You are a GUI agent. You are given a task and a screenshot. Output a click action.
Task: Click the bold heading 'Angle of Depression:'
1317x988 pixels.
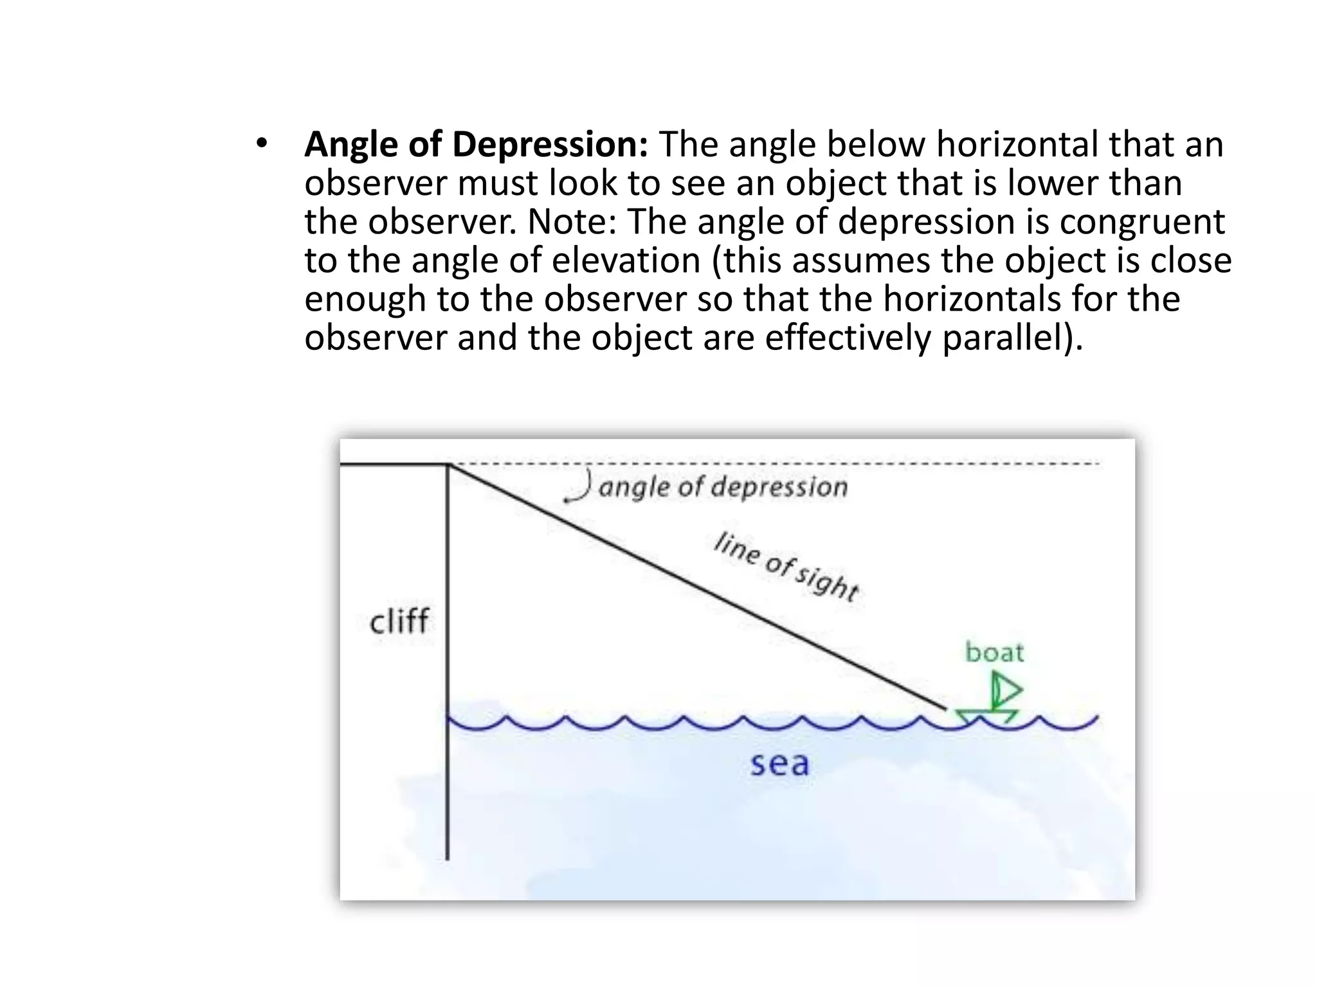pos(476,144)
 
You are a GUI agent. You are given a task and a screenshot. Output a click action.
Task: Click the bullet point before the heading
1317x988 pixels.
pos(260,144)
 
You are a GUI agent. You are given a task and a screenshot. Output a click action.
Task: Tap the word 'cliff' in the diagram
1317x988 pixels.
pos(399,621)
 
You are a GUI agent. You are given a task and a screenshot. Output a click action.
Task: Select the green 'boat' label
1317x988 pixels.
pos(994,652)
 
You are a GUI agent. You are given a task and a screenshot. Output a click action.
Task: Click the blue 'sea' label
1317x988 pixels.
pos(779,764)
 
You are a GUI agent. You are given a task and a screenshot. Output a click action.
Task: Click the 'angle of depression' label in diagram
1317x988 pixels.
pos(723,486)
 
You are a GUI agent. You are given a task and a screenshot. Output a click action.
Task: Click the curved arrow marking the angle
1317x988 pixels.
pos(580,487)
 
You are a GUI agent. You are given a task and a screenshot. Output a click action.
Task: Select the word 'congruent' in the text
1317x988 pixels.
pos(1142,222)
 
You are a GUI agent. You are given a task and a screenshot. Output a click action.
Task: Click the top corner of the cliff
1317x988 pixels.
pos(448,464)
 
